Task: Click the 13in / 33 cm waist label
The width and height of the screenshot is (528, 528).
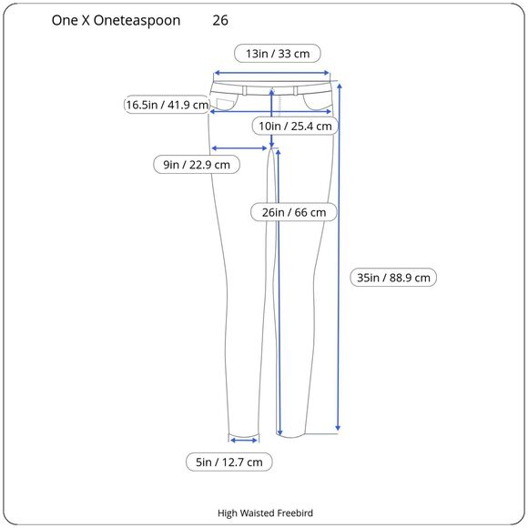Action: click(278, 54)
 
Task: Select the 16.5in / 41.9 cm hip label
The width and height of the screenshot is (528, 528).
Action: click(167, 105)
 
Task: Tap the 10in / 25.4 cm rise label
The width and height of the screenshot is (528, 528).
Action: click(295, 127)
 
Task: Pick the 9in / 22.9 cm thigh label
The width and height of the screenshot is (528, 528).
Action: click(197, 165)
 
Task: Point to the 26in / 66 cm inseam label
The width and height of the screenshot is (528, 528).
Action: click(294, 212)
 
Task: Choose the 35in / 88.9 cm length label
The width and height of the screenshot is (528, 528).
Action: click(393, 278)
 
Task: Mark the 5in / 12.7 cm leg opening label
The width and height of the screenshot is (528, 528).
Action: click(229, 462)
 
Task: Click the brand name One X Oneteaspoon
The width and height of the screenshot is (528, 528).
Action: click(116, 21)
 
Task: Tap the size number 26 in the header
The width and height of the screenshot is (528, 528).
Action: click(220, 21)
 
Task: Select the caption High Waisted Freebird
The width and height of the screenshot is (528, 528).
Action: click(265, 513)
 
